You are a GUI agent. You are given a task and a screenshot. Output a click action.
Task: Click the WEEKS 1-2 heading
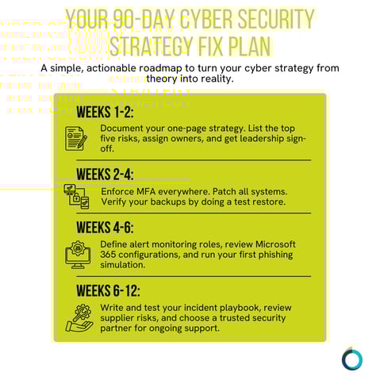coord(106,111)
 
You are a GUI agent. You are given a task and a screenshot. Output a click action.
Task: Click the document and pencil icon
coord(76,138)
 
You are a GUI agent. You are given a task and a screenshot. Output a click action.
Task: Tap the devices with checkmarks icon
coord(76,198)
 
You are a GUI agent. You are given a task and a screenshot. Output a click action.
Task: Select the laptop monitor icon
coord(77,254)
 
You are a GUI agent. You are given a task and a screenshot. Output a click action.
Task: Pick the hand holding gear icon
coord(79,317)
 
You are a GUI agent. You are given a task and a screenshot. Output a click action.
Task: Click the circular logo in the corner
coord(351,359)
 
